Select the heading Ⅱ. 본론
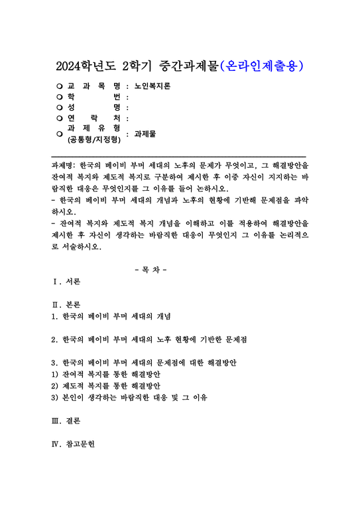[x=66, y=306]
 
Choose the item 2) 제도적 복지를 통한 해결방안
[x=105, y=386]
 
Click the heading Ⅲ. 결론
[x=66, y=422]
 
